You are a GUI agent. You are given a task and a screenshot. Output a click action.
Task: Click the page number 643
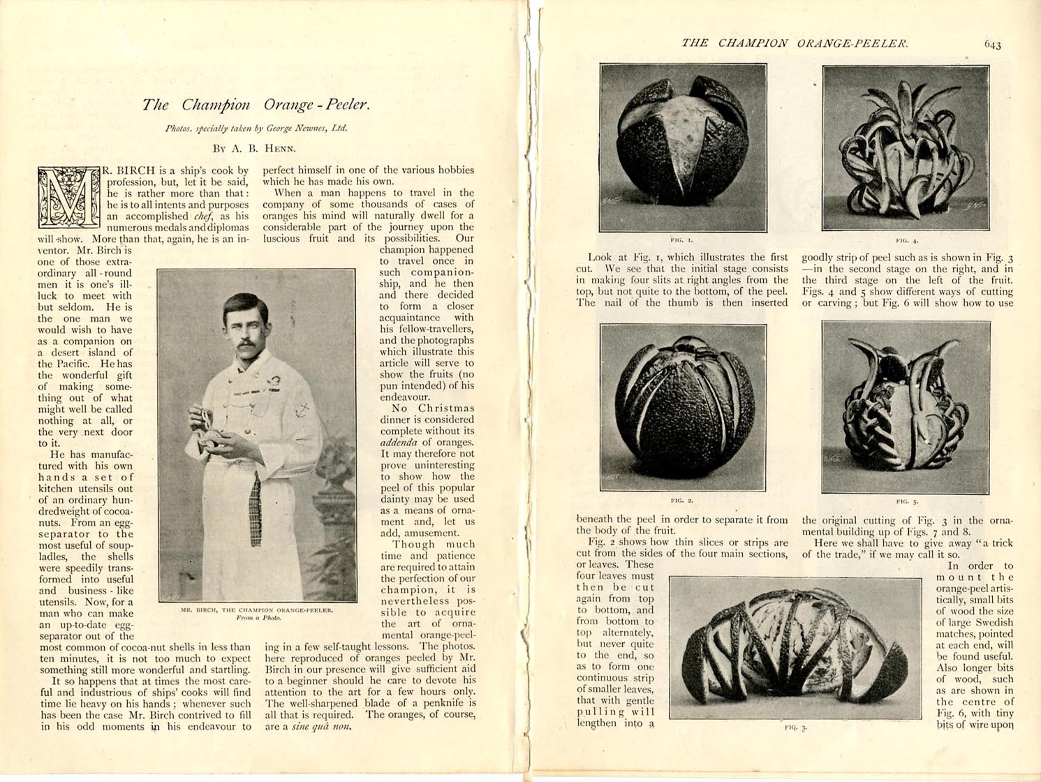[992, 45]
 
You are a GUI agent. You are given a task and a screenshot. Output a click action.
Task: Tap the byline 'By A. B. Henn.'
[254, 148]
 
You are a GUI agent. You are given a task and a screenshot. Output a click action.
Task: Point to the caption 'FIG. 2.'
[681, 500]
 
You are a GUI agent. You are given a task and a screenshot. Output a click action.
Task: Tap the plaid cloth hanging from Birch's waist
[256, 510]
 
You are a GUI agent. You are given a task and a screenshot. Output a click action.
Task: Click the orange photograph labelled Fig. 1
[683, 147]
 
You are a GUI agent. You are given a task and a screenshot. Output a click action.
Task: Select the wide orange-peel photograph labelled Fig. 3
[795, 647]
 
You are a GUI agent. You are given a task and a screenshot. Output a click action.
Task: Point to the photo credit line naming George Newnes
[256, 128]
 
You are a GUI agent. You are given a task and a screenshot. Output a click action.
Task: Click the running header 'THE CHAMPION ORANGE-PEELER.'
[795, 43]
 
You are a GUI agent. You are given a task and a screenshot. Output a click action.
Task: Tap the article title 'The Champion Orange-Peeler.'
[256, 105]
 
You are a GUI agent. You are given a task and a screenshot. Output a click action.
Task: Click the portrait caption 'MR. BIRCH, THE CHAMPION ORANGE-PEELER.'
[257, 610]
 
